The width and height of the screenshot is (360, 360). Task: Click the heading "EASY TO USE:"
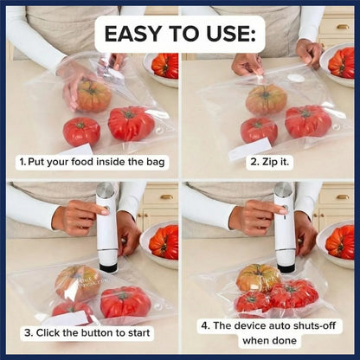coord(180,35)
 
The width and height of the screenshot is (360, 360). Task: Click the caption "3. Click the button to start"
coord(87,332)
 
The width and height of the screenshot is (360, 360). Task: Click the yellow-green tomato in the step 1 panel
coord(93,95)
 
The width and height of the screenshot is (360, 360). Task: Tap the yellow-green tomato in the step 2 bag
coord(265,99)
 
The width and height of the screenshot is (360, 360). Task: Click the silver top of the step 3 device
coord(105,190)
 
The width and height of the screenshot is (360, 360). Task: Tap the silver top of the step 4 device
coord(284,190)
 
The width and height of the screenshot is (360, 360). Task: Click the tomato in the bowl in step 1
coord(164,65)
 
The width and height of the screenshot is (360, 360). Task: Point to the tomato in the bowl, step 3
coord(164,242)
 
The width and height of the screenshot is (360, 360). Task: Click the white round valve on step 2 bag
coord(296,78)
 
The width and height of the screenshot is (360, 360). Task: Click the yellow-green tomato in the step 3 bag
coord(78,281)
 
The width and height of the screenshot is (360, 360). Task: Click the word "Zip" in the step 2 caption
coord(268,161)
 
